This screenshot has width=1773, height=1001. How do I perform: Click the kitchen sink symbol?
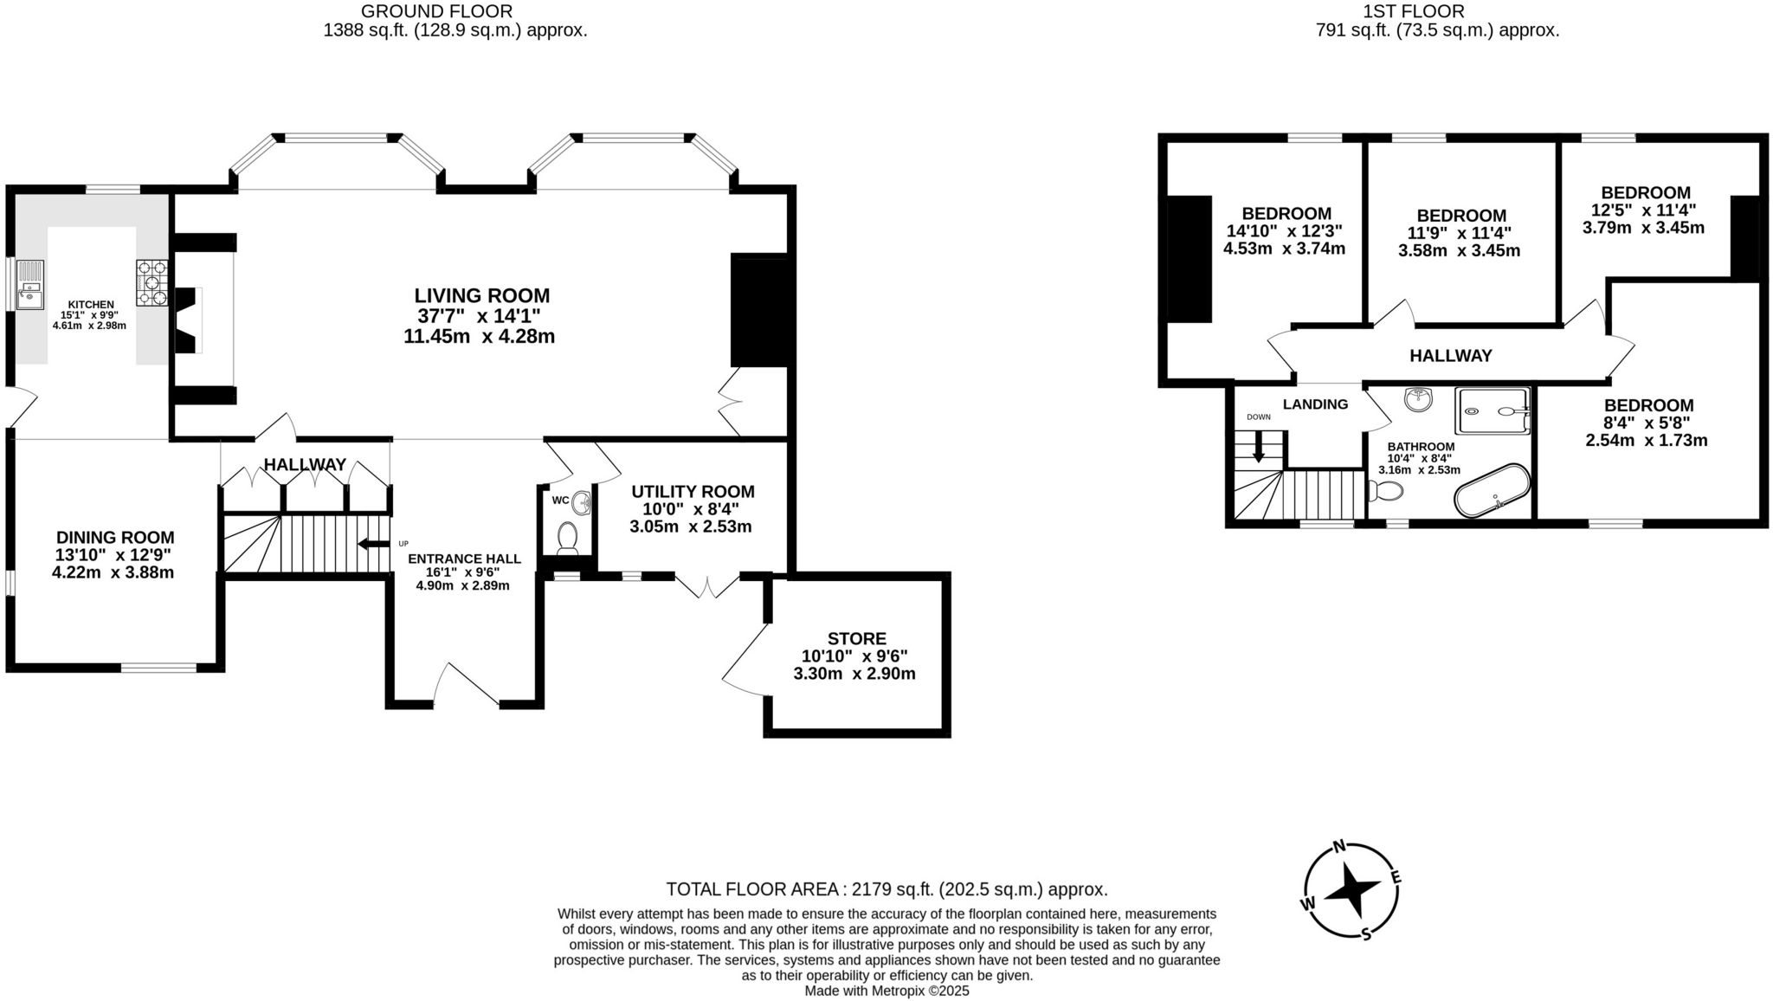click(x=29, y=285)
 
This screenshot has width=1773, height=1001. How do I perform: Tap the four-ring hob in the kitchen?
click(x=152, y=282)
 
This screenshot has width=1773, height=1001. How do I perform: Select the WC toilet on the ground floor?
click(x=568, y=537)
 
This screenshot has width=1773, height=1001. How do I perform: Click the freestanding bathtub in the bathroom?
click(x=1492, y=490)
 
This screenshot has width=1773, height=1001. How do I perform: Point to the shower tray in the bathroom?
click(x=1493, y=410)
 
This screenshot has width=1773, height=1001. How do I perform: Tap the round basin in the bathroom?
click(x=1419, y=400)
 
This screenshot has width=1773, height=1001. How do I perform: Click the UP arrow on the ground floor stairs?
click(x=374, y=544)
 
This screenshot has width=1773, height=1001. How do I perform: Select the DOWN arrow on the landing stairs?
click(x=1258, y=446)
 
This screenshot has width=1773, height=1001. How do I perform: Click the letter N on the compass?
click(x=1338, y=847)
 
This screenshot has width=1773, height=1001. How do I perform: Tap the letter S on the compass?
click(x=1366, y=933)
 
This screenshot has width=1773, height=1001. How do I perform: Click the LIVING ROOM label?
click(x=481, y=295)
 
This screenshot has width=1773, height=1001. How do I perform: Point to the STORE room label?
click(x=856, y=638)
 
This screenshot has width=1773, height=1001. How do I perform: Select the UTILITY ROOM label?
click(x=693, y=492)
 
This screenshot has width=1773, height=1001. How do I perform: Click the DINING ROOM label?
click(x=115, y=538)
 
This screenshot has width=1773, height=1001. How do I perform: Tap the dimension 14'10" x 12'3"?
click(x=1284, y=231)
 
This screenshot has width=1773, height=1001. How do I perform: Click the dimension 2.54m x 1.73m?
click(x=1646, y=441)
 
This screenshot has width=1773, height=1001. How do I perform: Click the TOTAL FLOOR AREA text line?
click(x=886, y=889)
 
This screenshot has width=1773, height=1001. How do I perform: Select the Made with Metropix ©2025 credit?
click(x=886, y=991)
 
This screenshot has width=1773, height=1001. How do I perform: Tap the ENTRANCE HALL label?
click(x=464, y=559)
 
